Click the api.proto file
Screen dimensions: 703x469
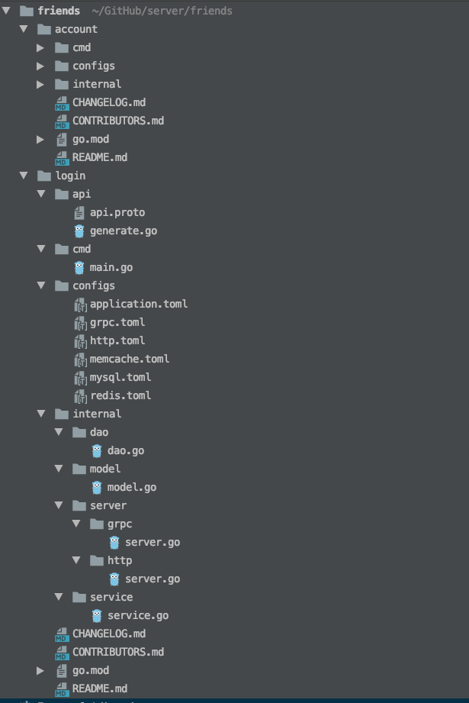[x=117, y=212]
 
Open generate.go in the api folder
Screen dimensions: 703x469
[x=123, y=231]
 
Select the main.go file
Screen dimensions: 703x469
[x=111, y=267]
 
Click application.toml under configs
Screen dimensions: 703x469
[x=138, y=304]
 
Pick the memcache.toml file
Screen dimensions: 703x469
[x=129, y=359]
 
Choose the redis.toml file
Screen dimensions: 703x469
[x=120, y=395]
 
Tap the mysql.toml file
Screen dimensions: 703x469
[x=120, y=377]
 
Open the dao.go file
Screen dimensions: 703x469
[x=126, y=450]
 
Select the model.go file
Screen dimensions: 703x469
[x=132, y=487]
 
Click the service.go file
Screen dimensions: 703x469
[x=138, y=615]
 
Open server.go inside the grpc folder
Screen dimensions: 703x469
[x=153, y=542]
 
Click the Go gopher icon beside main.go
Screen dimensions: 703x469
[x=79, y=267]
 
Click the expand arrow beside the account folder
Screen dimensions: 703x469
[x=24, y=29]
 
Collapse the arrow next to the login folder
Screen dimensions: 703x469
[x=24, y=176]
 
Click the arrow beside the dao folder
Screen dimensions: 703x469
[x=59, y=432]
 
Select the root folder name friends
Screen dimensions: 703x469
[x=59, y=11]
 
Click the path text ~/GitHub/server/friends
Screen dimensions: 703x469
[x=161, y=11]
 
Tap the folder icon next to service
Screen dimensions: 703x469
[x=79, y=597]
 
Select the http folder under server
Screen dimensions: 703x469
[x=120, y=560]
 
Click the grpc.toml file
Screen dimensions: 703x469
[x=117, y=322]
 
